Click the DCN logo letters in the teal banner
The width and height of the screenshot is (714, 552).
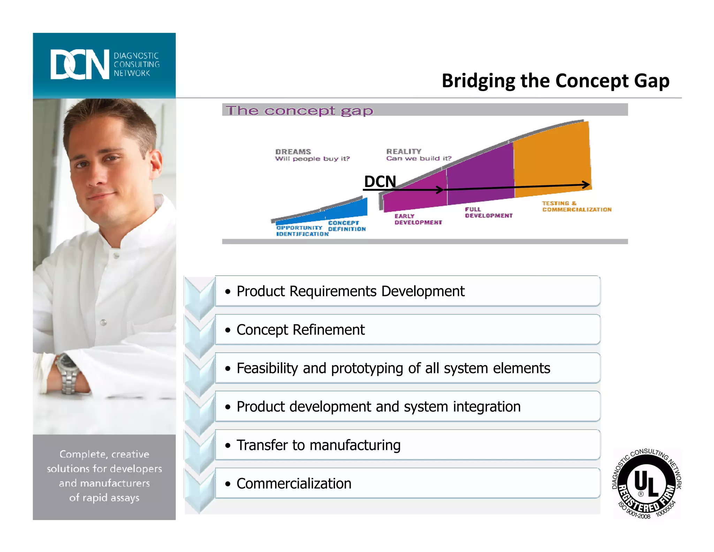[x=79, y=65]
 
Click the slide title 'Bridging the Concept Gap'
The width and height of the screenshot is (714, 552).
[x=555, y=81]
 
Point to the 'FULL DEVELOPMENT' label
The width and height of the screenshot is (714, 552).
[x=488, y=212]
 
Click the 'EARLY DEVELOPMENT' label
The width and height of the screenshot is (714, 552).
[x=418, y=219]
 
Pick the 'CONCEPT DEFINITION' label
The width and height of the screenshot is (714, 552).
[x=347, y=226]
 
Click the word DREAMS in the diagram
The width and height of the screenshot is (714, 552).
[x=293, y=151]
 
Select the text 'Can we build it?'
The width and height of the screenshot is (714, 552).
[x=418, y=158]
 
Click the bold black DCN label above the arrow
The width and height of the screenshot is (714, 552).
[x=380, y=181]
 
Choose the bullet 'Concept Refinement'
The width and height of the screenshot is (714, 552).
[x=301, y=330]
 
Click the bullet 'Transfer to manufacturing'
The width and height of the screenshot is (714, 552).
[x=318, y=445]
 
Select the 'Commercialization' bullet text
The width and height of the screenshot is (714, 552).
[x=294, y=484]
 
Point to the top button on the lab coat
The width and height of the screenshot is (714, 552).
[x=116, y=256]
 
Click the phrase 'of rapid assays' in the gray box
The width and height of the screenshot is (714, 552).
[x=104, y=498]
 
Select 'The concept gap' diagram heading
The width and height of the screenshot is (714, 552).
[x=299, y=111]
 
